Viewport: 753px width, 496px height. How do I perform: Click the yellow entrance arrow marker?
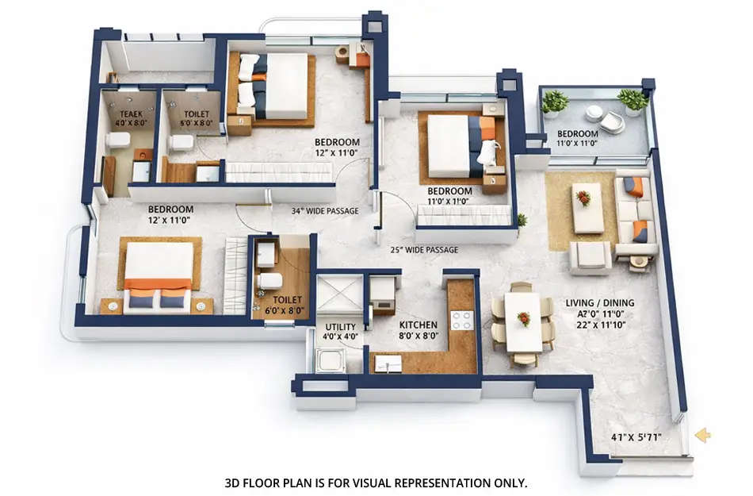701,434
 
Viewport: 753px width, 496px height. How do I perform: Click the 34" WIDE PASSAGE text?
315,211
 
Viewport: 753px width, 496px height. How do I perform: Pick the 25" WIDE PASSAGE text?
423,250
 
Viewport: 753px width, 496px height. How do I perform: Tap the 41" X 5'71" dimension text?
636,436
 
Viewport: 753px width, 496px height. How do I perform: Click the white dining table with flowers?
523,321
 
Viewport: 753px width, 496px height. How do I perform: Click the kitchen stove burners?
461,320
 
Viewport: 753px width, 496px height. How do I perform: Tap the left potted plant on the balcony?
555,102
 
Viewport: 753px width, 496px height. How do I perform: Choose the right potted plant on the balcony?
633,100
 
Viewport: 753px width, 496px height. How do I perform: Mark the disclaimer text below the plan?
376,482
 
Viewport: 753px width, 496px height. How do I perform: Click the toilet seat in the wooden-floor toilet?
270,280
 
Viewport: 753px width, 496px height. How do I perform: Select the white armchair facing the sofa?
590,256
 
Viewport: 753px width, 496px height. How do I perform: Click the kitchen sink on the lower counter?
388,363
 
